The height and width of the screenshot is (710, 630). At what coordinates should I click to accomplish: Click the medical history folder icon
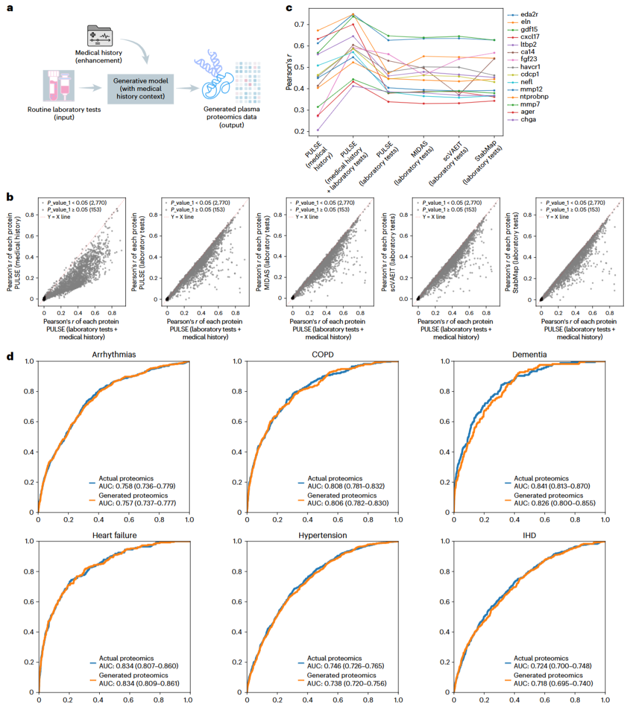(x=100, y=36)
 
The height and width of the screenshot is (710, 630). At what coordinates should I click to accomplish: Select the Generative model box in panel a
(x=141, y=89)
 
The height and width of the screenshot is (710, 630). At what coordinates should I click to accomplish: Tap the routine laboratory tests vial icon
(x=58, y=86)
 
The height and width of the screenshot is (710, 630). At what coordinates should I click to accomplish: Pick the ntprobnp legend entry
(x=528, y=97)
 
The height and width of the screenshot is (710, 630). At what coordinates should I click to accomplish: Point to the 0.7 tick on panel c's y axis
(x=299, y=24)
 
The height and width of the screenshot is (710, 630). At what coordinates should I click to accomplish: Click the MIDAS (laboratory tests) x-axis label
(x=414, y=163)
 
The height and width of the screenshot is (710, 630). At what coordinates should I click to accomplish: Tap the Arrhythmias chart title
(x=114, y=354)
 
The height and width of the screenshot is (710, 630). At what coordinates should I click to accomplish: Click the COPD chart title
(x=323, y=354)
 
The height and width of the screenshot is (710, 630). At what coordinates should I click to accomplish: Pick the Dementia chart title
(x=529, y=354)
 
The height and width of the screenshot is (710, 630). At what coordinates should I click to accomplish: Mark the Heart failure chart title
(x=114, y=536)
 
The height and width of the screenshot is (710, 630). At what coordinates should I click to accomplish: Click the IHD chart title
(x=529, y=536)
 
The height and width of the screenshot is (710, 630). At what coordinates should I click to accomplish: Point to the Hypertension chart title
(x=323, y=536)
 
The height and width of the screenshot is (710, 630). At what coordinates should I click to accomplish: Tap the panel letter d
(x=10, y=357)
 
